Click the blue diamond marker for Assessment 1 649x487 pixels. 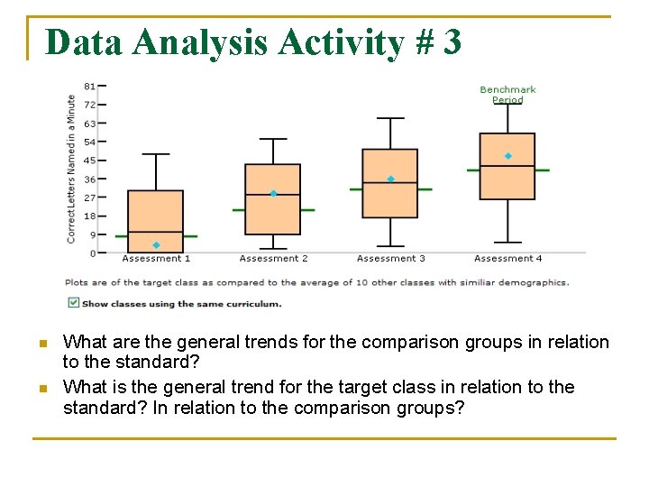[156, 245]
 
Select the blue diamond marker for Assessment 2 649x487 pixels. [273, 193]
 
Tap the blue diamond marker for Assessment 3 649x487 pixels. [390, 179]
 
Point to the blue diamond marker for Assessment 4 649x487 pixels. [507, 156]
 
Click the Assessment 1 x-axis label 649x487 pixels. [156, 259]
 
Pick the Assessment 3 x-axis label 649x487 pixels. [390, 259]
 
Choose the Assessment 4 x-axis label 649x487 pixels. [507, 259]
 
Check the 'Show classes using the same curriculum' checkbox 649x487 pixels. [73, 303]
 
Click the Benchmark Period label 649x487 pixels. [507, 95]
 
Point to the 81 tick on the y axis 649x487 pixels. [90, 86]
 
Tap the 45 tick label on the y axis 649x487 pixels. [90, 160]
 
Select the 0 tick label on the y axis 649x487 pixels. [92, 253]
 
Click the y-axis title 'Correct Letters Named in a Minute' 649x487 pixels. [72, 169]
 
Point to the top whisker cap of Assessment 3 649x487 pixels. [390, 118]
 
